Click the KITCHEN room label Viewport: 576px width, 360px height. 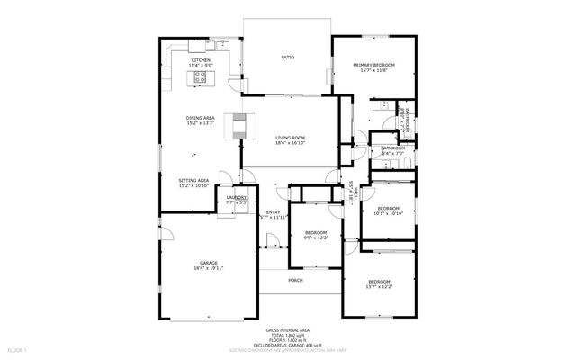(200, 60)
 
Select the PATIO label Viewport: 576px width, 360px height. (288, 57)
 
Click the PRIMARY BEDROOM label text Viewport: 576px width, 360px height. (373, 66)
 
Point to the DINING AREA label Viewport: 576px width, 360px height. (199, 117)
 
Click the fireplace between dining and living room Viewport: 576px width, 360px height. (239, 126)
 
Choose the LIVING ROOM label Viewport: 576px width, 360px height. (290, 138)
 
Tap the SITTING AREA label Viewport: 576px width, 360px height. (194, 180)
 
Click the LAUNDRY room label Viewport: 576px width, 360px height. (237, 197)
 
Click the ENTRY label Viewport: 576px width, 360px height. (273, 212)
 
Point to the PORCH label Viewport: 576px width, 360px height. (295, 280)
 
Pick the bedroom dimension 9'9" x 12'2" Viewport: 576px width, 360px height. (317, 238)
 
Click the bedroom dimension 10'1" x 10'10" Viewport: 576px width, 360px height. (387, 214)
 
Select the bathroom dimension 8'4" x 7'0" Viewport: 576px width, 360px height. (392, 154)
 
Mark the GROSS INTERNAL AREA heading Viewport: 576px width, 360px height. (286, 331)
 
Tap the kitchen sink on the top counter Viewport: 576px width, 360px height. (223, 44)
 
